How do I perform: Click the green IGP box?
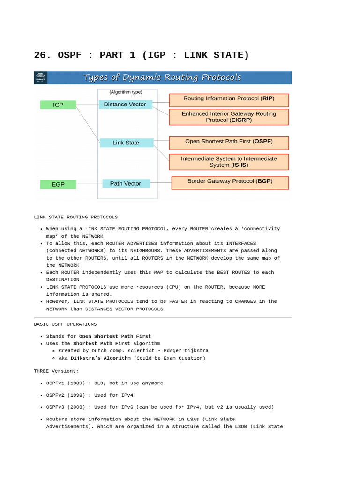[58, 105]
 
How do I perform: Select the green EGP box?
[58, 184]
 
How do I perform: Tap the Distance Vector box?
[125, 104]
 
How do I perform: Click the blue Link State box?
[126, 142]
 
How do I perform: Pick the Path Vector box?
[126, 183]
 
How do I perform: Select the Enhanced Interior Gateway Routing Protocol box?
[229, 117]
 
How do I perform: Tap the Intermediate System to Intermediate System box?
[229, 162]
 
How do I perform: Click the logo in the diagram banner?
[41, 77]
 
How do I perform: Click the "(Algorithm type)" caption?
[126, 92]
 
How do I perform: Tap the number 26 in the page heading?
[40, 55]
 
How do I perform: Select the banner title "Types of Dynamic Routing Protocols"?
[162, 77]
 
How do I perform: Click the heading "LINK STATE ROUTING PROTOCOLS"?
[76, 217]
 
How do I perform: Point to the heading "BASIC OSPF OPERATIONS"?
[65, 324]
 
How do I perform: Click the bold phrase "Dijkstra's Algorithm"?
[101, 358]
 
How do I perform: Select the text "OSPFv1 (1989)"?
[65, 383]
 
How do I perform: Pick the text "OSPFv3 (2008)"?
[65, 407]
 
